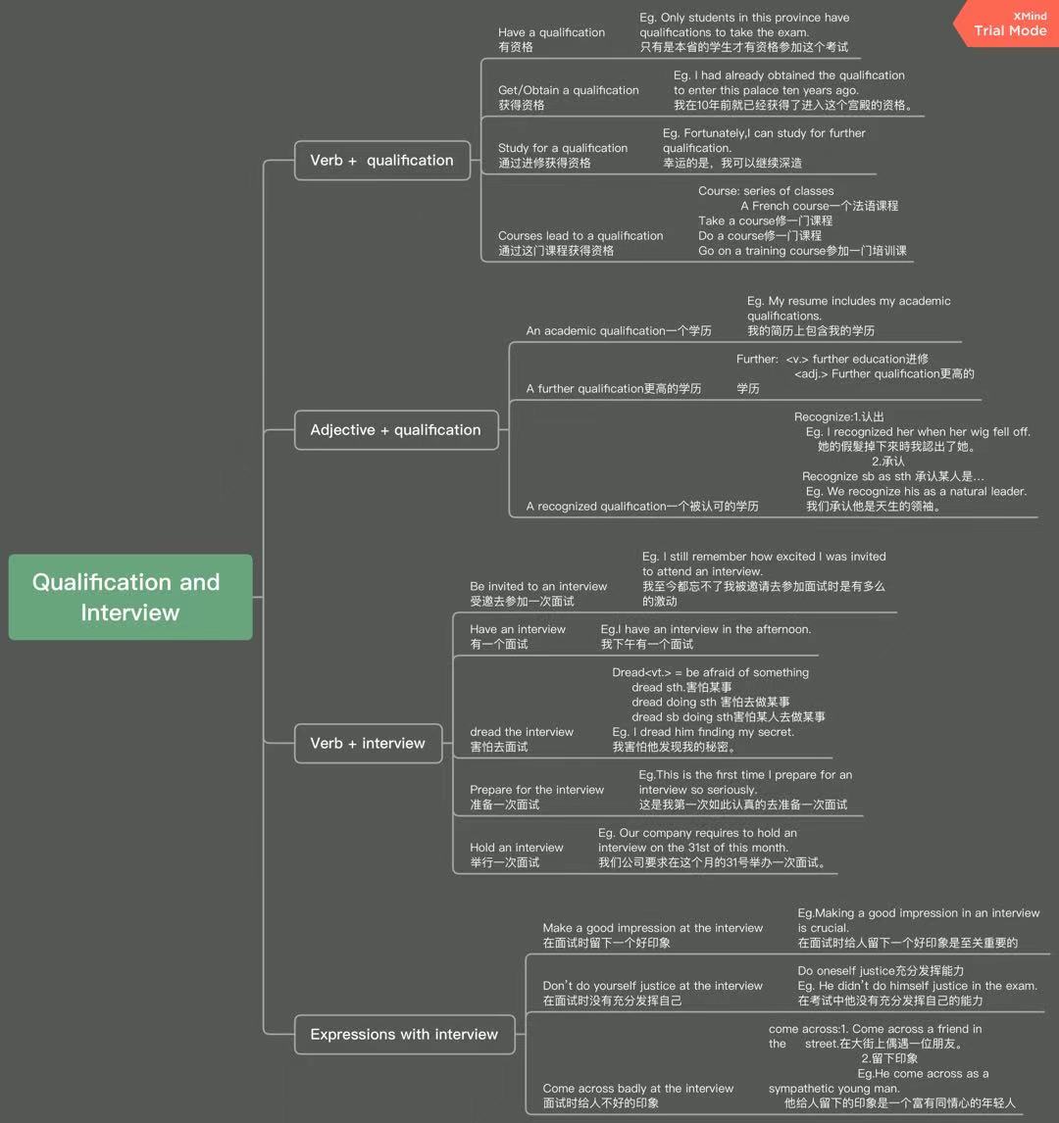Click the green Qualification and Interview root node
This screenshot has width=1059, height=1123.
click(130, 597)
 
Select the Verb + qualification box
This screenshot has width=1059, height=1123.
click(381, 161)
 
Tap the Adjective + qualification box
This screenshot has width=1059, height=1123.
click(395, 430)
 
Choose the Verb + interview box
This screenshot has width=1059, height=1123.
click(368, 744)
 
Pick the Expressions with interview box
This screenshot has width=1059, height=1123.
click(404, 1035)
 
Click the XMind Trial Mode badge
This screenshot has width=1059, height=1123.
click(1009, 24)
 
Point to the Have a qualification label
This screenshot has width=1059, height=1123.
click(551, 32)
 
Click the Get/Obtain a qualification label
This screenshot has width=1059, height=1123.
click(568, 90)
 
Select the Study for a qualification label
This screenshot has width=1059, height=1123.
click(562, 148)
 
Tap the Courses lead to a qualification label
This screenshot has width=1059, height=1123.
click(580, 235)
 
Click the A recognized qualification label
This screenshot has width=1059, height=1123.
click(641, 507)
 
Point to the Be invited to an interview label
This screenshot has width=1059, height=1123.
click(538, 586)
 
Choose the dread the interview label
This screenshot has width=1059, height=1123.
click(522, 731)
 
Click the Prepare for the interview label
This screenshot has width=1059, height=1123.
click(536, 790)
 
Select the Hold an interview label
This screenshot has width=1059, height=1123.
click(517, 848)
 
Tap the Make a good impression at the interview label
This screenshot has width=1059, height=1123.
click(652, 928)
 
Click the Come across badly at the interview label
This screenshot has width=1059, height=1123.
click(637, 1089)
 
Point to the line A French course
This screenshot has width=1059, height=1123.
click(819, 206)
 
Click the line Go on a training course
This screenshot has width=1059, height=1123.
click(802, 251)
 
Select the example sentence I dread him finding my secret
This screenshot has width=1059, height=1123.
click(703, 732)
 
